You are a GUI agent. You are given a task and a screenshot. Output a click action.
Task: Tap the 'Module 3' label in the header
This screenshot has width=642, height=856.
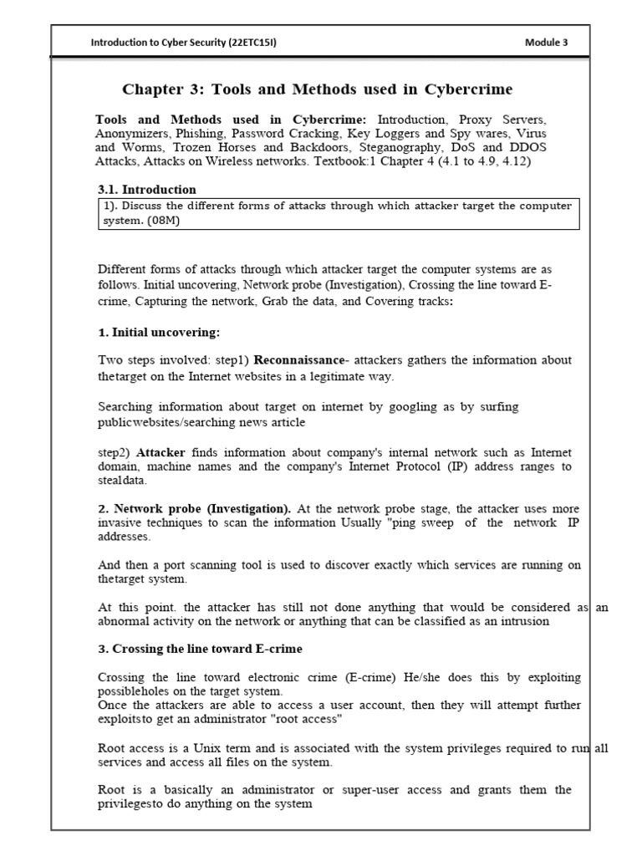coord(546,44)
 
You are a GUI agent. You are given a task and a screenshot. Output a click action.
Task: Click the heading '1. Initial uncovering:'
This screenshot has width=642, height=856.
coord(159,332)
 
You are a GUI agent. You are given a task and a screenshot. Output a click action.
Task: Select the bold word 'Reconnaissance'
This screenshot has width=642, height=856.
coord(299,360)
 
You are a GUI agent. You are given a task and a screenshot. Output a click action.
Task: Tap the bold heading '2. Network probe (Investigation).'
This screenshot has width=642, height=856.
coord(194,508)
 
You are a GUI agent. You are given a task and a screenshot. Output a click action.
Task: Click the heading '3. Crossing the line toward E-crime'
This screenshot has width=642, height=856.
coord(200,649)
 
